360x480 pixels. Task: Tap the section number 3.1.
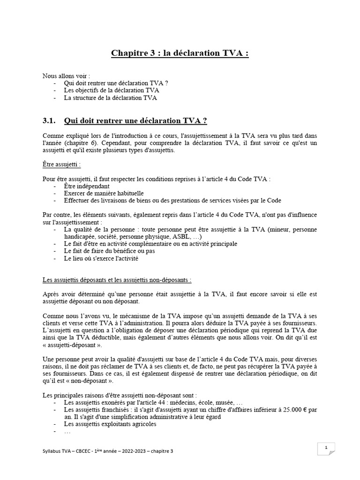[x=49, y=121]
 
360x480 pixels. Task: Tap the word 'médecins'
[x=174, y=402]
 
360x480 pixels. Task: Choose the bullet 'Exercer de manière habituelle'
[x=104, y=193]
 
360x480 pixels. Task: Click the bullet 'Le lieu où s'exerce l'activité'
[x=101, y=258]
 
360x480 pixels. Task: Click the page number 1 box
[x=325, y=448]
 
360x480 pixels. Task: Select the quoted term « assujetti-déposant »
[x=72, y=344]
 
